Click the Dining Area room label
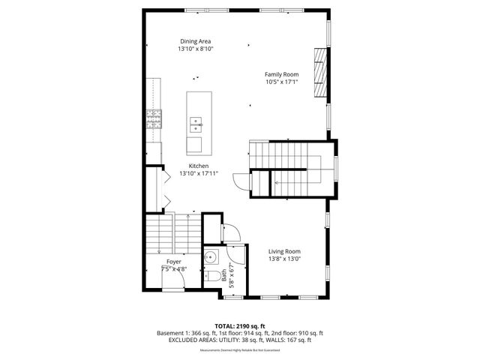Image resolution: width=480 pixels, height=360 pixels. coord(195,40)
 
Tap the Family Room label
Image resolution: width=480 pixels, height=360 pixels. coord(281,74)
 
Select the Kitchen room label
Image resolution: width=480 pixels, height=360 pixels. coord(199,166)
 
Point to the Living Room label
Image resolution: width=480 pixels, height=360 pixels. coord(284,251)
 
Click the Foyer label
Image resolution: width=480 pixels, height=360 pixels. coord(174,261)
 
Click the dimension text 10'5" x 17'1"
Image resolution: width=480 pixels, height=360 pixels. coord(281,82)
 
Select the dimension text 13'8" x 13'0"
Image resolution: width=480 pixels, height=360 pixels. coord(284,259)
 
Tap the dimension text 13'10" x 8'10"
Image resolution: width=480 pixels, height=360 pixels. coord(195,49)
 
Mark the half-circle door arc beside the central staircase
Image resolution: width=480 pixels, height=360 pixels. coord(239,182)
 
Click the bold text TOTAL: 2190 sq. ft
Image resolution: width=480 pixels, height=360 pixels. coord(239,325)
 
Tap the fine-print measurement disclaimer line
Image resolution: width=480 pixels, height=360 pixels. coord(239,349)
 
